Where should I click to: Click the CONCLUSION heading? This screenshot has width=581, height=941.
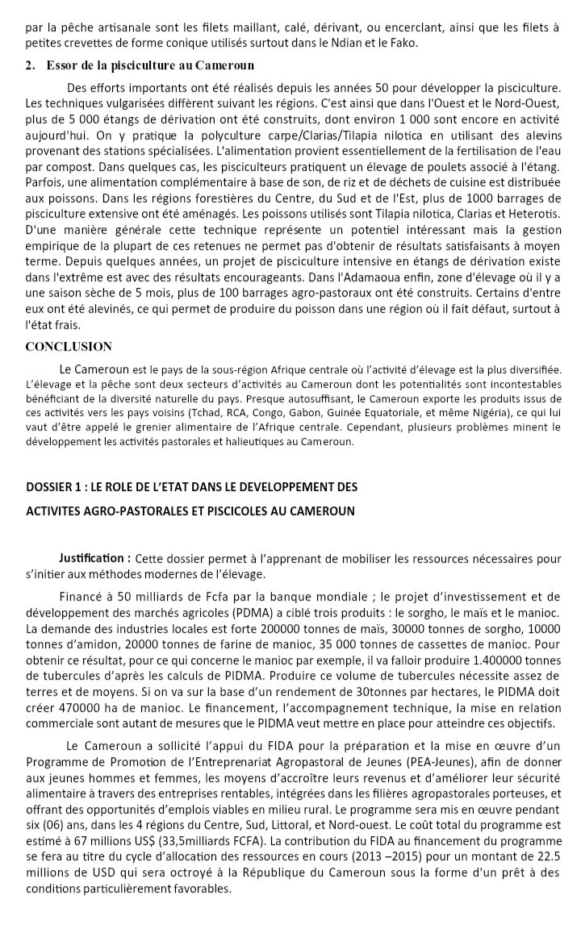pos(69,347)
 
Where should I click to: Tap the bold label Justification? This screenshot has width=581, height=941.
pos(94,558)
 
